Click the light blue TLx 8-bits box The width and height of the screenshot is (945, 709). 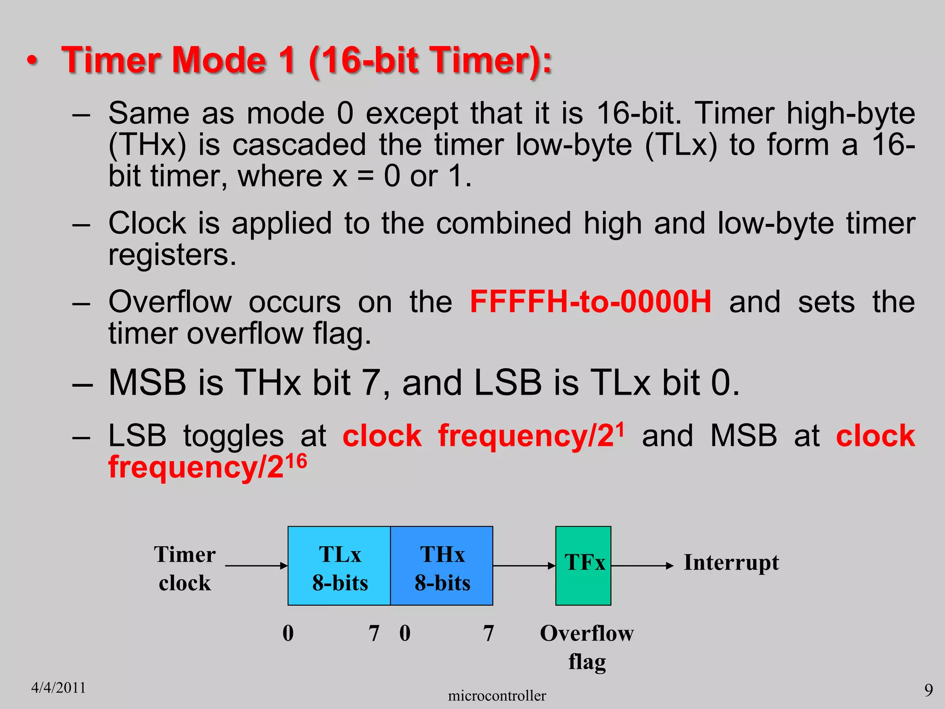[x=339, y=566]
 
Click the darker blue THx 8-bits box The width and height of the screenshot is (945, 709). [x=442, y=566]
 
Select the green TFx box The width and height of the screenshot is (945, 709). [x=583, y=566]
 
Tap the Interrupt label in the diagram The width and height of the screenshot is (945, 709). [x=731, y=563]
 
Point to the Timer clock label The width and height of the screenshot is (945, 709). [x=185, y=568]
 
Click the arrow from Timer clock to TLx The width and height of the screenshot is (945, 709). [x=256, y=565]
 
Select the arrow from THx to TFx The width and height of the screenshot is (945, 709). [x=524, y=565]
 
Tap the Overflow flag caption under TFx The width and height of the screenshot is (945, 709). [x=587, y=647]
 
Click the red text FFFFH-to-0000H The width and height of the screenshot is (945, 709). [x=590, y=302]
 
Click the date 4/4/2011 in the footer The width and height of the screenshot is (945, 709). [x=59, y=688]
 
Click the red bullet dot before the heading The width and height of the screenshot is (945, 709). [x=32, y=61]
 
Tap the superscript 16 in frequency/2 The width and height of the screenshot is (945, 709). [x=296, y=461]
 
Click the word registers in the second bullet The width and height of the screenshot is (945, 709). [x=172, y=254]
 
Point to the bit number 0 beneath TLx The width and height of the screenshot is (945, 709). [x=288, y=633]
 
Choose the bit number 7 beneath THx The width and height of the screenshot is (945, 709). [x=488, y=633]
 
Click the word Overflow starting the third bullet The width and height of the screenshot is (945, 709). [x=170, y=302]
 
